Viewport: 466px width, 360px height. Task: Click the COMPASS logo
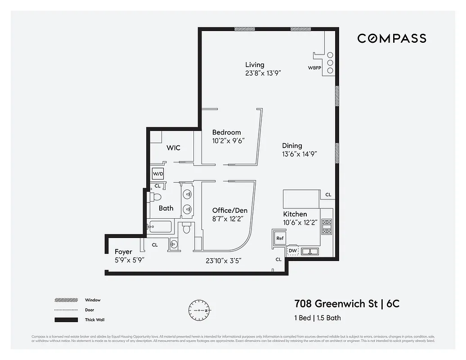pyautogui.click(x=391, y=39)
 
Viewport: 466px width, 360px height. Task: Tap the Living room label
pyautogui.click(x=255, y=65)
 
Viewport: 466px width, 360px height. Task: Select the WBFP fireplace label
pyautogui.click(x=314, y=68)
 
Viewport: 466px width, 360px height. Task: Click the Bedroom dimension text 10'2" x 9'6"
pyautogui.click(x=228, y=140)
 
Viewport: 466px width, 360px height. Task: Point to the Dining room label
pyautogui.click(x=292, y=146)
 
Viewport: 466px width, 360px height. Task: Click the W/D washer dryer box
pyautogui.click(x=158, y=174)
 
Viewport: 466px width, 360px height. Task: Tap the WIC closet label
pyautogui.click(x=173, y=148)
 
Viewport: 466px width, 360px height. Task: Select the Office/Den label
pyautogui.click(x=229, y=210)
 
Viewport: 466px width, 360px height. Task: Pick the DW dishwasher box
pyautogui.click(x=292, y=251)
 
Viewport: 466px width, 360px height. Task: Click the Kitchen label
pyautogui.click(x=295, y=214)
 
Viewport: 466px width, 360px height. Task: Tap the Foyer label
pyautogui.click(x=123, y=252)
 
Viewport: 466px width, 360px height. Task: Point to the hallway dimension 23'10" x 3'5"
pyautogui.click(x=224, y=261)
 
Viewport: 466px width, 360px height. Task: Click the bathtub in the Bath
pyautogui.click(x=160, y=227)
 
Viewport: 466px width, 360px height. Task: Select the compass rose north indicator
pyautogui.click(x=198, y=310)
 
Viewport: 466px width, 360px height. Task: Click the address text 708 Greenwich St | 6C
pyautogui.click(x=346, y=304)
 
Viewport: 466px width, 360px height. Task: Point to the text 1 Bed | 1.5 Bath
pyautogui.click(x=317, y=318)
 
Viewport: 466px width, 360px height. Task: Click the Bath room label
pyautogui.click(x=166, y=208)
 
